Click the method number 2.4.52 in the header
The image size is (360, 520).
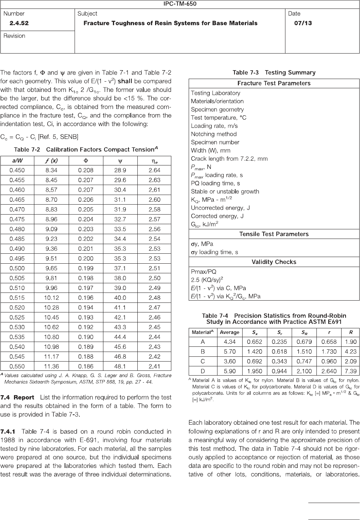pyautogui.click(x=19, y=23)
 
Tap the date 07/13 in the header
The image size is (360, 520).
pyautogui.click(x=303, y=23)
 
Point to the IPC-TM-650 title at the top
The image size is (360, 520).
pyautogui.click(x=180, y=4)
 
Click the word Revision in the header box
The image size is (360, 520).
pyautogui.click(x=14, y=36)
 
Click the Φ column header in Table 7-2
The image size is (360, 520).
pyautogui.click(x=86, y=161)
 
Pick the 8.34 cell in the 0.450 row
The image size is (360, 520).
pyautogui.click(x=51, y=170)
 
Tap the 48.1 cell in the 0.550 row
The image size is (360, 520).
pyautogui.click(x=120, y=366)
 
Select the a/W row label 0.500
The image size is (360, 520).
pyautogui.click(x=17, y=268)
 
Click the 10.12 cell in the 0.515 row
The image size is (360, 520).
pyautogui.click(x=51, y=298)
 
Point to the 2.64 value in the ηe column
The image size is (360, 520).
pyautogui.click(x=154, y=170)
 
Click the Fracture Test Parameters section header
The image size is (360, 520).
pyautogui.click(x=274, y=83)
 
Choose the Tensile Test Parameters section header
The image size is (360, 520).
pyautogui.click(x=274, y=234)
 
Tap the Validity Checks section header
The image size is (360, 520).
pyautogui.click(x=274, y=262)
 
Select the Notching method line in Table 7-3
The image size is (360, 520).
pyautogui.click(x=214, y=134)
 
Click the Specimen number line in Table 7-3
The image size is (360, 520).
pyautogui.click(x=215, y=142)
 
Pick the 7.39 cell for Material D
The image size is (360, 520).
pyautogui.click(x=350, y=371)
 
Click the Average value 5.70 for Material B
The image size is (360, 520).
pyautogui.click(x=230, y=352)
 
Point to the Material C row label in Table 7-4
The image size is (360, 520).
pyautogui.click(x=203, y=362)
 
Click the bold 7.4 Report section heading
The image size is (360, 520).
pyautogui.click(x=17, y=397)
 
